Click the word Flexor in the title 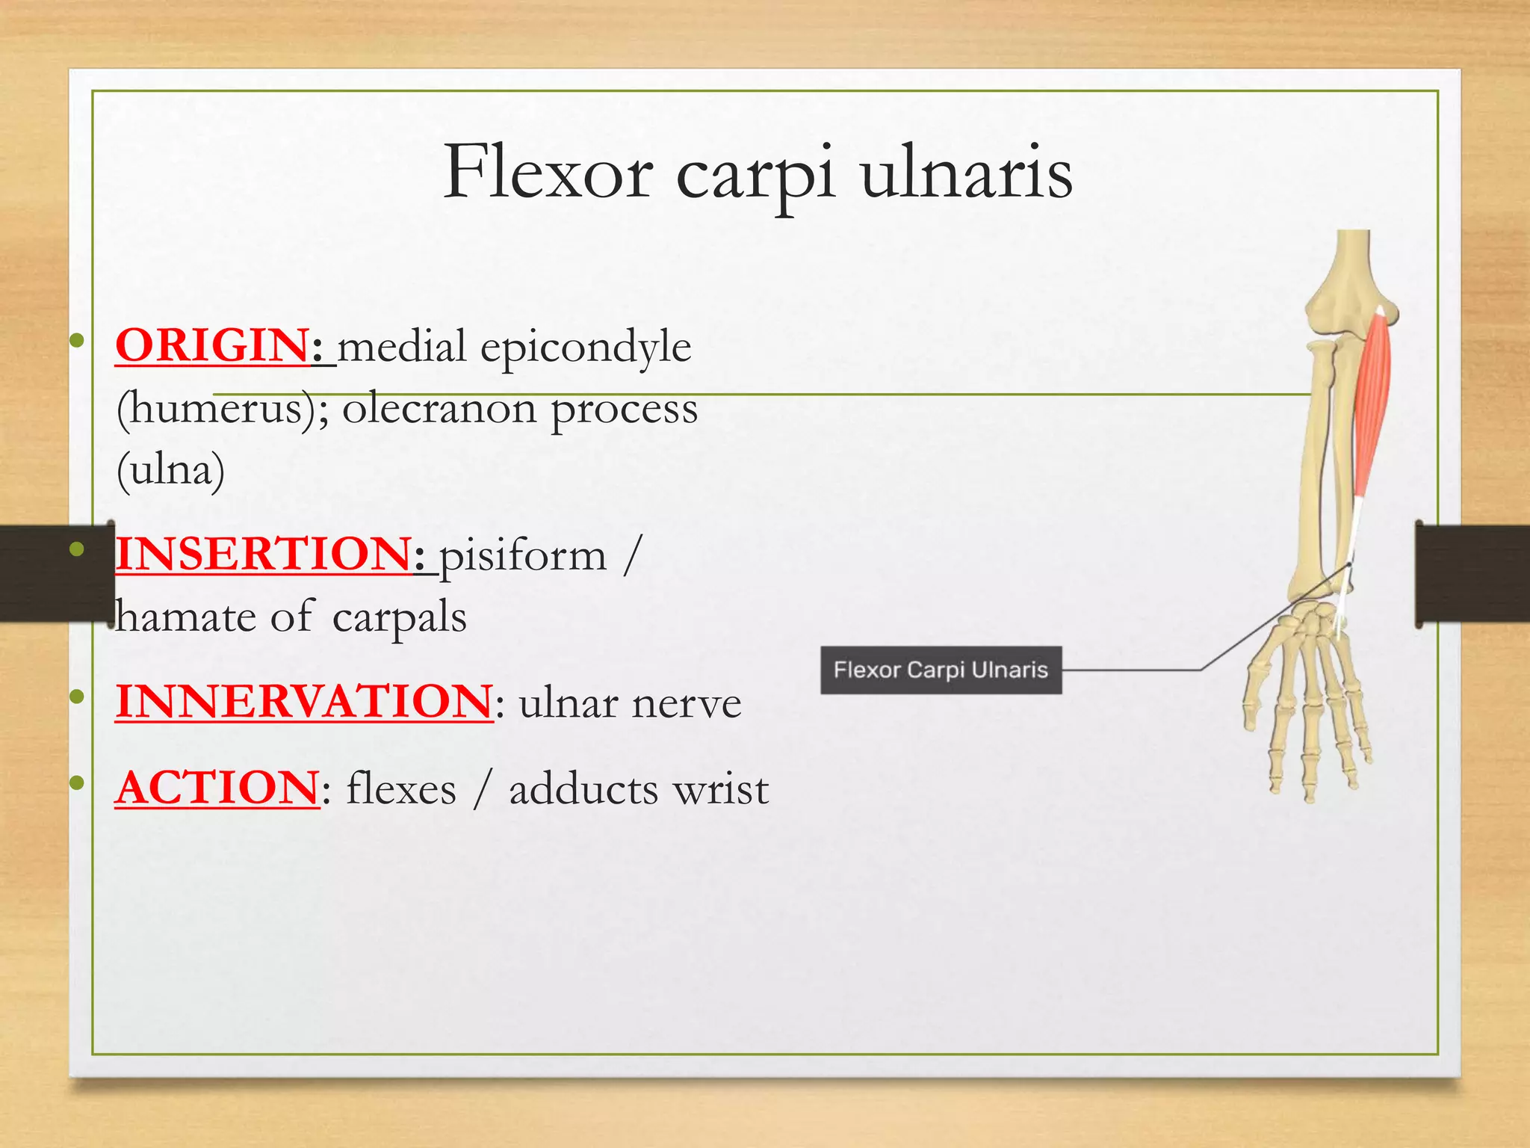coord(548,173)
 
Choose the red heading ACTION coord(217,788)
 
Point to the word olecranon coord(439,409)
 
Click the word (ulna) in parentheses coord(170,470)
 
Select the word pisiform coord(522,556)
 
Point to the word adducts coord(585,789)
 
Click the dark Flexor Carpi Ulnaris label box coord(941,670)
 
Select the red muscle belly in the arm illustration coord(1373,404)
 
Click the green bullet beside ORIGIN coord(76,342)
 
